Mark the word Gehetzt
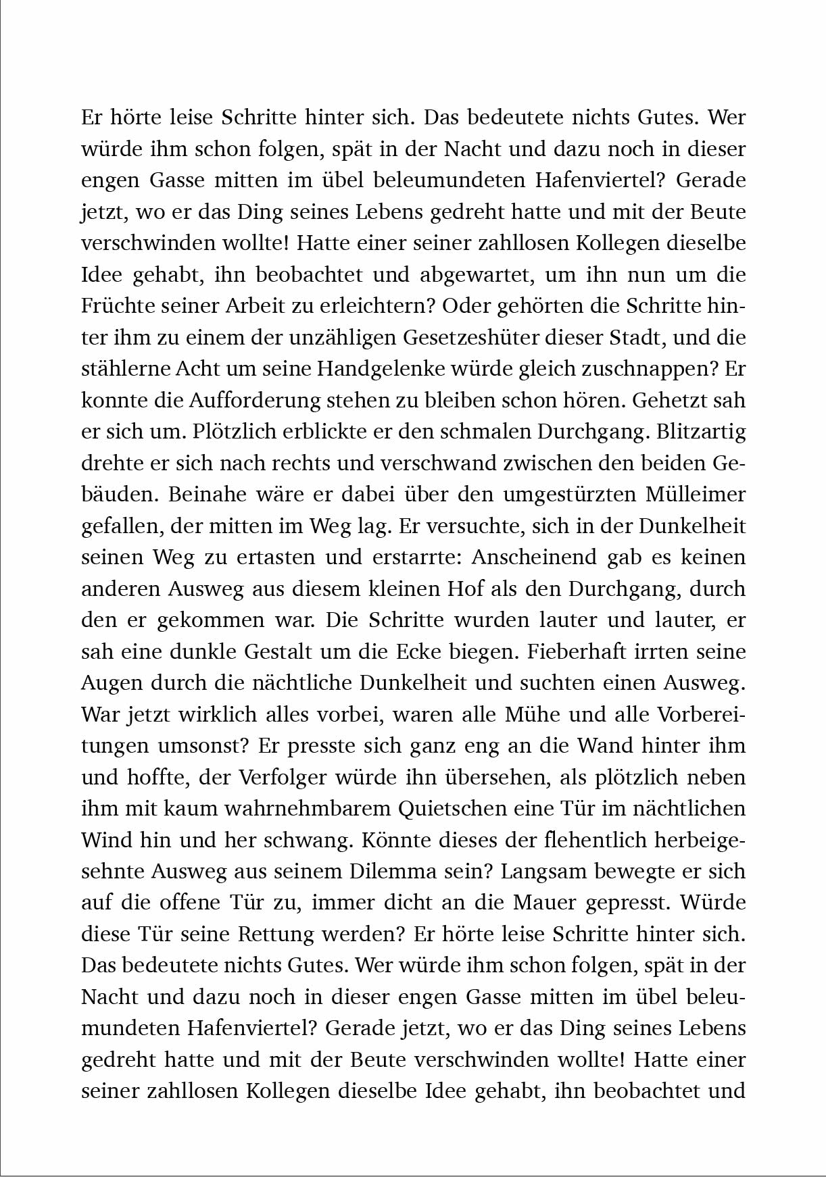(668, 400)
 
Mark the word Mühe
(539, 714)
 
